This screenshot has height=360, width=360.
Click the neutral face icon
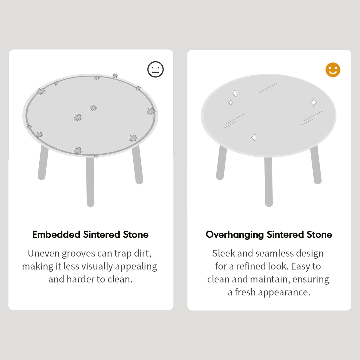pos(156,69)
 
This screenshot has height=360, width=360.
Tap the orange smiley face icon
pos(333,70)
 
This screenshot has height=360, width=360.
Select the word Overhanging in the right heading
pos(235,235)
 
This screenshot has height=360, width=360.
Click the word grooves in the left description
pos(79,253)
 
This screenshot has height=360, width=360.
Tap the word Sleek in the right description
pos(224,253)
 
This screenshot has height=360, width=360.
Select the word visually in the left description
pos(97,266)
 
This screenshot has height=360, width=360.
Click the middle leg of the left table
pos(90,182)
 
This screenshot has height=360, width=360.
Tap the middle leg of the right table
pos(269,182)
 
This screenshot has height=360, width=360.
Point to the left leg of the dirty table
pos(43,163)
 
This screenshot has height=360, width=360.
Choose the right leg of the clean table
pos(316,165)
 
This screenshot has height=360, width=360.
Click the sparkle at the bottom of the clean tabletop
pos(254,137)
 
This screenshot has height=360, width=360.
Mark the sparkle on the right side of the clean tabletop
pos(313,102)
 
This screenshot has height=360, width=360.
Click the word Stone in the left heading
pos(136,235)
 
